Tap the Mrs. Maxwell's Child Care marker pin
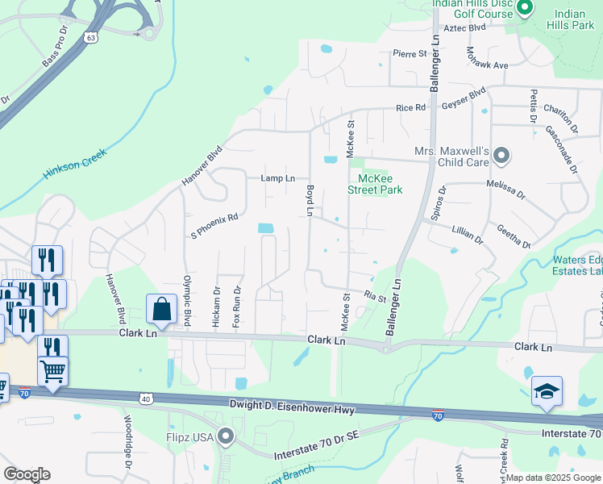click(501, 155)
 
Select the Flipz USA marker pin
click(227, 438)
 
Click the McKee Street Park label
click(375, 184)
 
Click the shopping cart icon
click(53, 370)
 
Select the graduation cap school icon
click(546, 391)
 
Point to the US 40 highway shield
click(145, 398)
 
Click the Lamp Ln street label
click(277, 178)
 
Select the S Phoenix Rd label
click(214, 217)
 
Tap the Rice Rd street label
click(409, 108)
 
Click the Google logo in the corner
click(27, 474)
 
